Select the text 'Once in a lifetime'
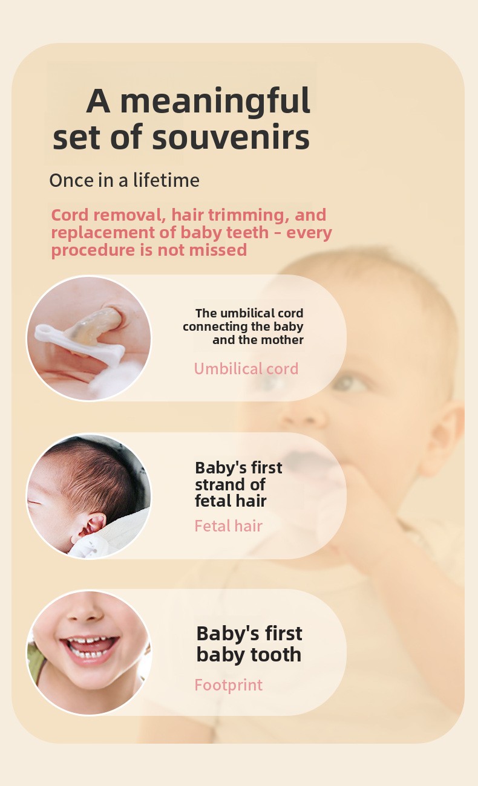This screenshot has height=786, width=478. pyautogui.click(x=124, y=180)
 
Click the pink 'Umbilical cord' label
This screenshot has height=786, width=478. pyautogui.click(x=246, y=368)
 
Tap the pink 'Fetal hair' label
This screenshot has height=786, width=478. pyautogui.click(x=228, y=525)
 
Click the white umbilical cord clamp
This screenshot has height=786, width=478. pyautogui.click(x=79, y=344)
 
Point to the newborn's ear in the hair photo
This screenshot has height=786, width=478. pyautogui.click(x=90, y=527)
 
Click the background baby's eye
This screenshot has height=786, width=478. pyautogui.click(x=350, y=383)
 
